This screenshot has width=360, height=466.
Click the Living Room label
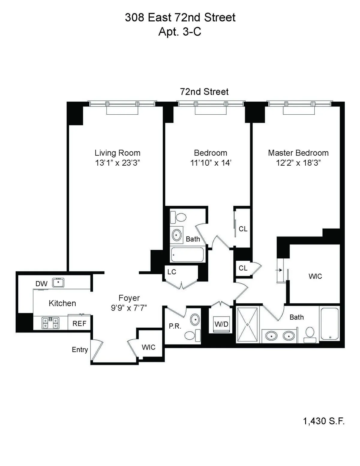click(x=117, y=153)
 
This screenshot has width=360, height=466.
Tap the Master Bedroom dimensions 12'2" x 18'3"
click(x=298, y=163)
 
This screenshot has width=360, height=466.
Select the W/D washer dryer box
click(x=221, y=324)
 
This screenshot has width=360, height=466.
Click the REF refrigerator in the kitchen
click(x=79, y=323)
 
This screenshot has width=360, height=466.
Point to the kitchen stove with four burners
click(x=50, y=323)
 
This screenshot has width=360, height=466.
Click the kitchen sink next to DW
click(x=58, y=283)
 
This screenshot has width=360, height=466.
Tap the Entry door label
click(x=80, y=350)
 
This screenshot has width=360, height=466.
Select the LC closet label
click(x=172, y=272)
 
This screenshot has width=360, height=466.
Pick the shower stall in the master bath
click(x=247, y=324)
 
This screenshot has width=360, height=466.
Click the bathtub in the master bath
click(x=330, y=324)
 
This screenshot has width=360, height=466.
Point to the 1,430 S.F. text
click(x=324, y=421)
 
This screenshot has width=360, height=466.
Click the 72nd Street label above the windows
click(x=204, y=92)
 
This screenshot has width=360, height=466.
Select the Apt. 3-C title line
click(x=180, y=32)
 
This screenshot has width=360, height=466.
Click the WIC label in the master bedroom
click(x=315, y=276)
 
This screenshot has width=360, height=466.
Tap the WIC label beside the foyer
click(x=148, y=347)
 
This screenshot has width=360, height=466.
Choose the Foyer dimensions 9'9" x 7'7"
click(x=129, y=308)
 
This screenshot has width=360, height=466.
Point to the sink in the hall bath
click(x=176, y=235)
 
